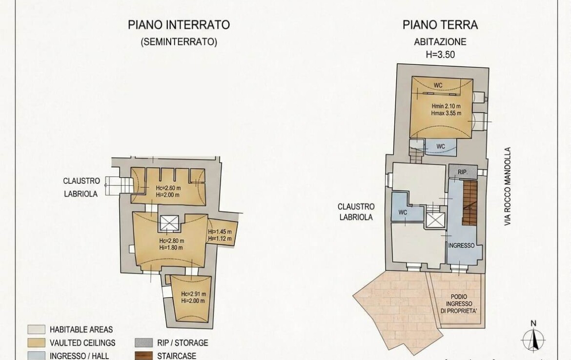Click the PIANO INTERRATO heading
[x=179, y=25]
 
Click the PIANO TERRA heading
[x=440, y=25]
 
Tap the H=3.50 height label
[x=440, y=55]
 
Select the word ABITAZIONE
[x=440, y=42]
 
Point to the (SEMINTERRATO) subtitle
[x=179, y=42]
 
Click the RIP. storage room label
[x=463, y=172]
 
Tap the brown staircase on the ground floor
[x=470, y=202]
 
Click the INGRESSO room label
[x=461, y=246]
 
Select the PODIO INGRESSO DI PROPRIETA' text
[x=459, y=304]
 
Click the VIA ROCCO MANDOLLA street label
[x=508, y=186]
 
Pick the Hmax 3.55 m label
[x=446, y=113]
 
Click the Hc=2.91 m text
[x=193, y=294]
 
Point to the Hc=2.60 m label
[x=168, y=188]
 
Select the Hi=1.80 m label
[x=171, y=247]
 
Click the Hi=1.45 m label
[x=220, y=232]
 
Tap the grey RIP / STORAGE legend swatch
[x=143, y=342]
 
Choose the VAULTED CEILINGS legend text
[x=82, y=343]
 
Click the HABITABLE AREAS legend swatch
[x=37, y=329]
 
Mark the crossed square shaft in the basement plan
[x=169, y=223]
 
